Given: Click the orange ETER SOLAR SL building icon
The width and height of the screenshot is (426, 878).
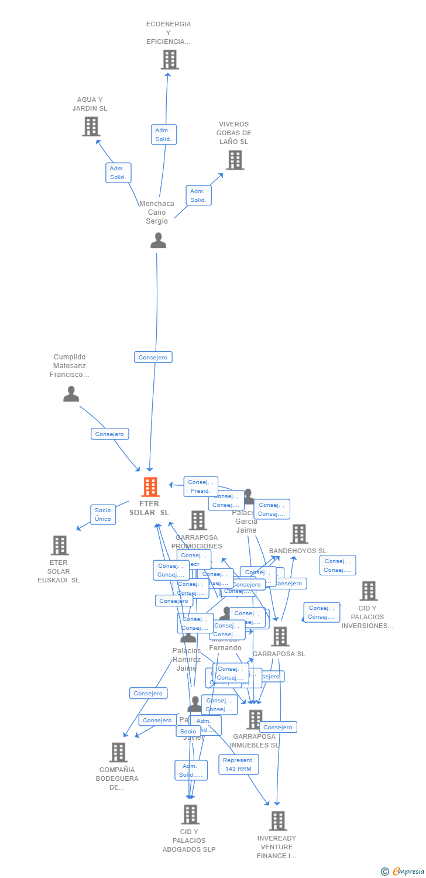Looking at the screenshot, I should click(150, 487).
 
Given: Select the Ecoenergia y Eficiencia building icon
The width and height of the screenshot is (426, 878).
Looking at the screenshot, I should click(169, 60).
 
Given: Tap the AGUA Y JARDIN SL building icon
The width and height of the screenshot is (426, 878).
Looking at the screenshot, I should click(91, 126).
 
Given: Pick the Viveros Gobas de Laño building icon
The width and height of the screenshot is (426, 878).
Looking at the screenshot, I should click(235, 160).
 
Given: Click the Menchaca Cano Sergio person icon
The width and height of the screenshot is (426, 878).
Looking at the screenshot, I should click(158, 241).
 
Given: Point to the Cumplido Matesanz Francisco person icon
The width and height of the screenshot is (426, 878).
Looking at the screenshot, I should click(71, 394).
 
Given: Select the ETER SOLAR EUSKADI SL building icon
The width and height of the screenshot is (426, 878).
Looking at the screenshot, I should click(60, 545).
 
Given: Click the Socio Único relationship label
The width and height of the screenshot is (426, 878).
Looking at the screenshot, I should click(103, 515).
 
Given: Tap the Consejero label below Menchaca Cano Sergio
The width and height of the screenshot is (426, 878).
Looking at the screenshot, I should click(153, 357).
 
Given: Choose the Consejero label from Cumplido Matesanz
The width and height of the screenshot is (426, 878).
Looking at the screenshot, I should click(110, 434).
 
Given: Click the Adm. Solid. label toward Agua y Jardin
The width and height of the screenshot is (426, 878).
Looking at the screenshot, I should click(118, 173).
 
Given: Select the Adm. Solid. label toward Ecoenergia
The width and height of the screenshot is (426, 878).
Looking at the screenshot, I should click(163, 135).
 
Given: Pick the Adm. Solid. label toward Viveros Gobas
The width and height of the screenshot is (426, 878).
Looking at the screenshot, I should click(198, 196).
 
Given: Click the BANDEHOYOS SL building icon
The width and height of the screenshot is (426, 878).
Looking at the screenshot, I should click(299, 534).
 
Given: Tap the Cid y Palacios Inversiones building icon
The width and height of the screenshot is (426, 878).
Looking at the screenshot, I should click(368, 591).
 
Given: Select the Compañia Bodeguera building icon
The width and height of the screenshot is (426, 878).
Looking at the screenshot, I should click(118, 752).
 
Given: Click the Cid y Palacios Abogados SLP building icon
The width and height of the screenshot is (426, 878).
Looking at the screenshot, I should click(190, 814).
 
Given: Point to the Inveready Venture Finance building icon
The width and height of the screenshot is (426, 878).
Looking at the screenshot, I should click(278, 821).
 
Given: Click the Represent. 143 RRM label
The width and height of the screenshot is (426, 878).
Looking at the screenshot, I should click(239, 764).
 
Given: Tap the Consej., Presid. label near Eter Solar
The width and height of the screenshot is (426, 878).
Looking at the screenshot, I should click(201, 486).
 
